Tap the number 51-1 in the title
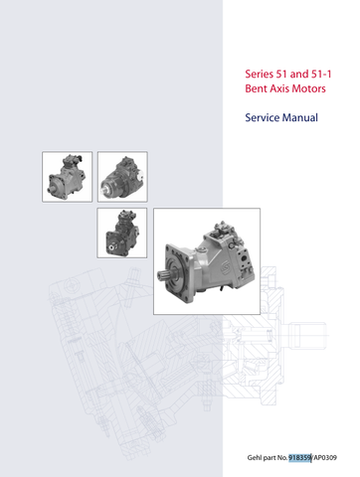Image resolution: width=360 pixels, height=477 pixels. click(x=321, y=74)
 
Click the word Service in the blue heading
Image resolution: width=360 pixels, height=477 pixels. click(x=263, y=117)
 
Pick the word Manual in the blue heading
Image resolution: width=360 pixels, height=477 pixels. click(x=300, y=117)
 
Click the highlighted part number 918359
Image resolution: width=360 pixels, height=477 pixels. click(x=299, y=458)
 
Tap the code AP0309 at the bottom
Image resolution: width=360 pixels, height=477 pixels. click(x=325, y=458)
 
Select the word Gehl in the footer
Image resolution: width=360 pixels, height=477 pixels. click(x=255, y=458)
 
